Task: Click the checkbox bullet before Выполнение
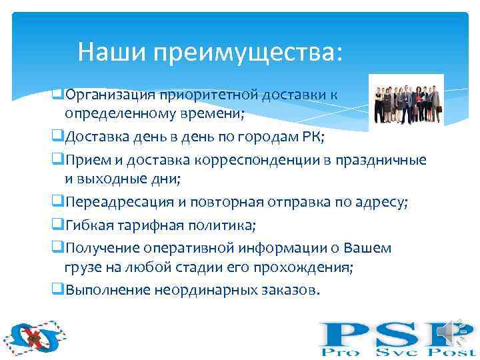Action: coord(57,290)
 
